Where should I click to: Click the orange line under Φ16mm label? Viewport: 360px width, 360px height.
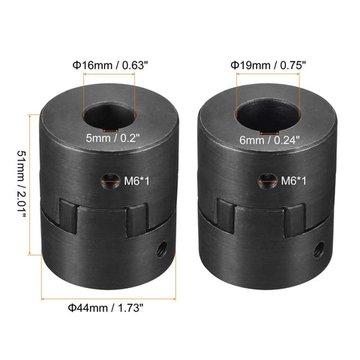[x=109, y=85]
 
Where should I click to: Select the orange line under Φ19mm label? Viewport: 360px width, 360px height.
[x=266, y=85]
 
